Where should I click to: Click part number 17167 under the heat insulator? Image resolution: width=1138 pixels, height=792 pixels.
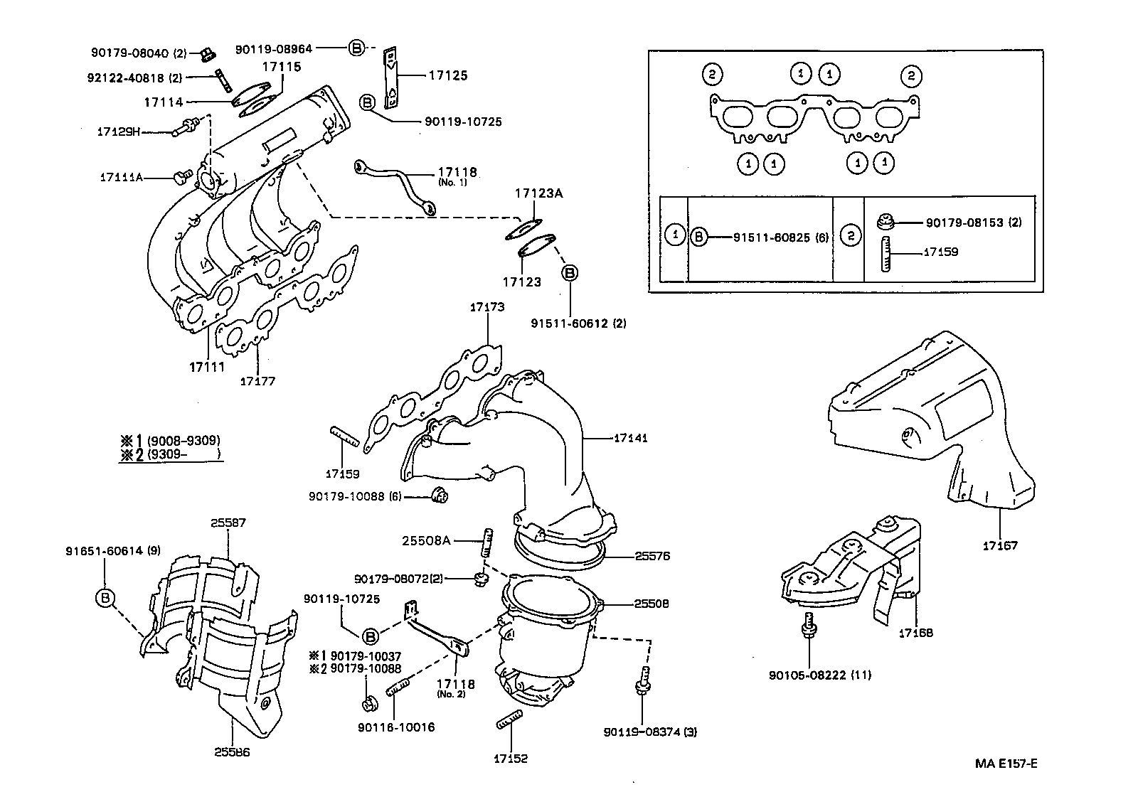click(x=1000, y=546)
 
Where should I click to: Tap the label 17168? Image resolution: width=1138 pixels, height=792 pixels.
click(x=915, y=633)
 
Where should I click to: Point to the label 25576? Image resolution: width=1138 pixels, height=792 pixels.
click(x=652, y=557)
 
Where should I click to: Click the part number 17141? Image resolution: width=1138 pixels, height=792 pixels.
click(x=630, y=439)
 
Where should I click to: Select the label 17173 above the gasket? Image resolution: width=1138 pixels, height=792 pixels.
click(x=487, y=307)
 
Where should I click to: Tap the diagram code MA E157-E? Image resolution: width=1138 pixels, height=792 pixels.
click(x=1006, y=764)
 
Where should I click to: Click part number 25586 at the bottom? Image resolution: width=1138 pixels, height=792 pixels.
click(x=232, y=751)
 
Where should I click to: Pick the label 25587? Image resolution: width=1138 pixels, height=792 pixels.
click(x=228, y=523)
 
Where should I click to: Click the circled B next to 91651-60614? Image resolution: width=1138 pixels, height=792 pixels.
click(x=105, y=598)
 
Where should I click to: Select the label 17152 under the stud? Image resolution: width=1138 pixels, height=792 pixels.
click(x=511, y=759)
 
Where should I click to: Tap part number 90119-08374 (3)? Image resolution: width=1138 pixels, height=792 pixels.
click(x=649, y=732)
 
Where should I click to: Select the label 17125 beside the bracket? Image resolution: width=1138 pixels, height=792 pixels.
click(x=447, y=75)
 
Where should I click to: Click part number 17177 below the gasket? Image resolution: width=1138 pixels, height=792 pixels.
click(x=257, y=381)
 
